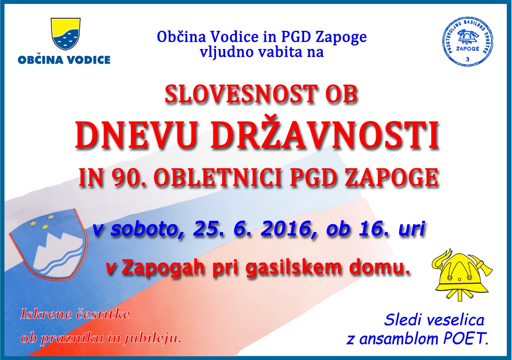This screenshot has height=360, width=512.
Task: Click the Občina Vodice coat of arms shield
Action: point(66,34)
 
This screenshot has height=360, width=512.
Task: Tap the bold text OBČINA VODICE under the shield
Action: point(64,60)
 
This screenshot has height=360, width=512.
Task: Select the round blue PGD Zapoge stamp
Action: point(467,42)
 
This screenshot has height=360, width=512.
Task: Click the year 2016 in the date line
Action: point(286,229)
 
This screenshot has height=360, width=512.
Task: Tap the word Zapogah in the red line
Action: point(163,268)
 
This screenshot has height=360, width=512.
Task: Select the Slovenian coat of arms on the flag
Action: point(48,244)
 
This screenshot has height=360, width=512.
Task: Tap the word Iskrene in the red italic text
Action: point(46,314)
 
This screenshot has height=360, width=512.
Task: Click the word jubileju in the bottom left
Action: point(152,338)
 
